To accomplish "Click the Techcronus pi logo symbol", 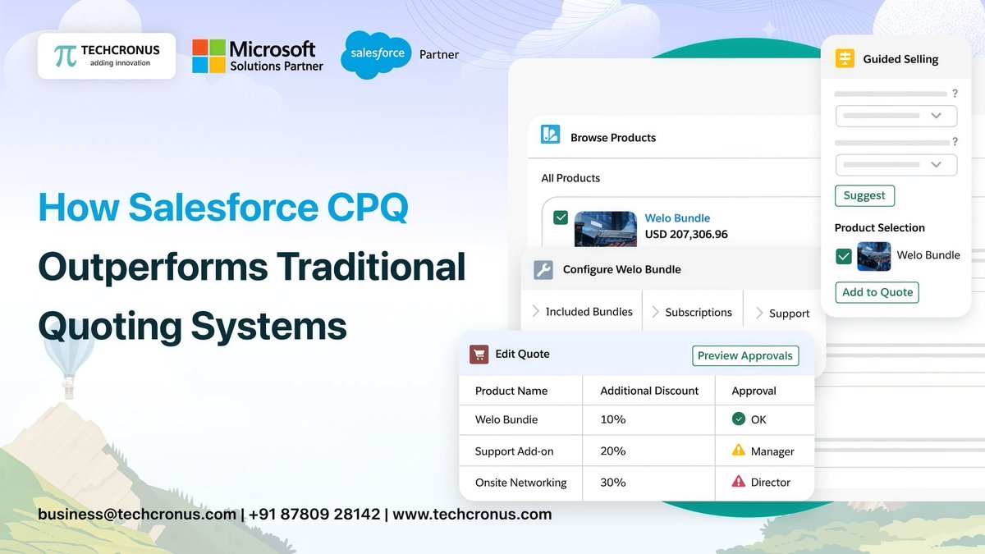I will [65, 56].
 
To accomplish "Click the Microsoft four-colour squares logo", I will [208, 56].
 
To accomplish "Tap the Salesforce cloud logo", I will [377, 54].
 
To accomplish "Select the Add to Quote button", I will [877, 292].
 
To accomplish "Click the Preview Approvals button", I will [745, 355].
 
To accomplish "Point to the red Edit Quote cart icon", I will [479, 355].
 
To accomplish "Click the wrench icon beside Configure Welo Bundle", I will [543, 270].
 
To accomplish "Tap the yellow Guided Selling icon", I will [845, 59].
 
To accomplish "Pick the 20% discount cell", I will [613, 451].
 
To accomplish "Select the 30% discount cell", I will [613, 483].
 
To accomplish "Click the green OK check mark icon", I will [739, 419].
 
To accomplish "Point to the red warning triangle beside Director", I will [739, 482].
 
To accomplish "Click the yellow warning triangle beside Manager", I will [739, 451].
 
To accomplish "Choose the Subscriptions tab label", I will [698, 313].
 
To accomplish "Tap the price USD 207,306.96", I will [686, 235].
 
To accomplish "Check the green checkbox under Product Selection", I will [844, 256].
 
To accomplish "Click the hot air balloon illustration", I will [69, 353].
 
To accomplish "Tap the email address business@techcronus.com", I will [137, 515].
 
